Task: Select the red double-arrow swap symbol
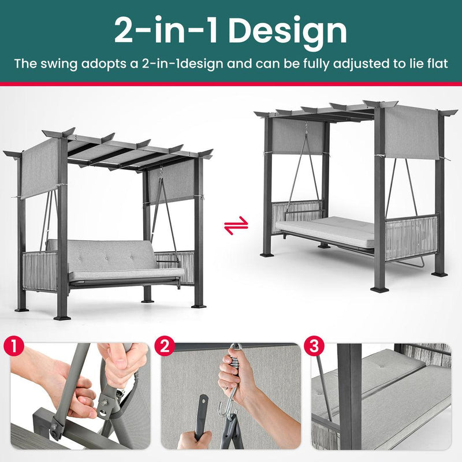[236, 225]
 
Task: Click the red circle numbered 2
[165, 346]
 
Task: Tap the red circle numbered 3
[314, 346]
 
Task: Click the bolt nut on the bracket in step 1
[105, 401]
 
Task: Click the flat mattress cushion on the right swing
[324, 230]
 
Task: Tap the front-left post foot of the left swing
[62, 318]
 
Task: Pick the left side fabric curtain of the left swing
[40, 169]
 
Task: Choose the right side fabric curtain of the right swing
[412, 133]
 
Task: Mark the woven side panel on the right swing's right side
[411, 237]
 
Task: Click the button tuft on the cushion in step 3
[382, 366]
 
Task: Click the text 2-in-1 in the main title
[166, 31]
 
